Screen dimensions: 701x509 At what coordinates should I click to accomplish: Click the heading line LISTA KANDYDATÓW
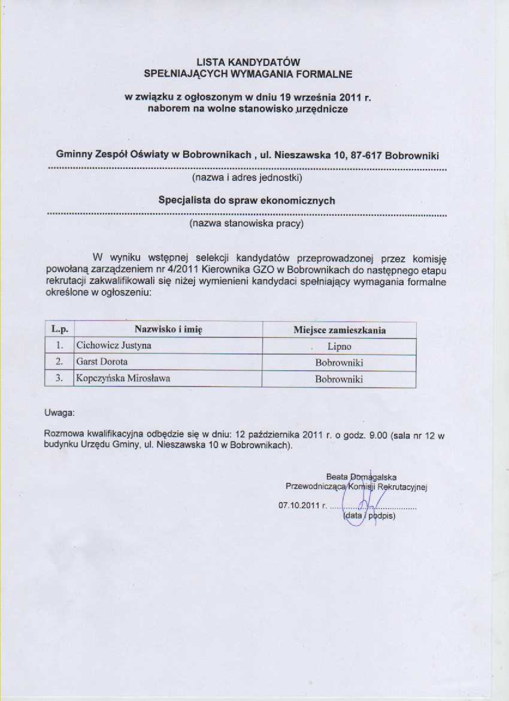247,62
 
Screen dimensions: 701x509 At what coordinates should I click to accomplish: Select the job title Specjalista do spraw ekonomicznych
246,201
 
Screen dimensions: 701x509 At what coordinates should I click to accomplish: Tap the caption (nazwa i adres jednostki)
246,178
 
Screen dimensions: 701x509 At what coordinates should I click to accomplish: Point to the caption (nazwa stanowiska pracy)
246,223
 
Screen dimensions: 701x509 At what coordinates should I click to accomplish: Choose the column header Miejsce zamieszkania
339,330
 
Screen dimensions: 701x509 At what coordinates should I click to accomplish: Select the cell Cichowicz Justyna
113,346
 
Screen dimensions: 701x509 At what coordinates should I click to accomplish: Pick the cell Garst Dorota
102,362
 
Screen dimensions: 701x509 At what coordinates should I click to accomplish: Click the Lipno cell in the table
339,346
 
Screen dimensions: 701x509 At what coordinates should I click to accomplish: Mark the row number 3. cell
59,379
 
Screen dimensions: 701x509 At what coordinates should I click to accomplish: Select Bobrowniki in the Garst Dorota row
339,362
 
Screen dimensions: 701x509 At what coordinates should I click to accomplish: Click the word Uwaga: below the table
59,413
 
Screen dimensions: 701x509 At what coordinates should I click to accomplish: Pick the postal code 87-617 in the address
365,155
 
